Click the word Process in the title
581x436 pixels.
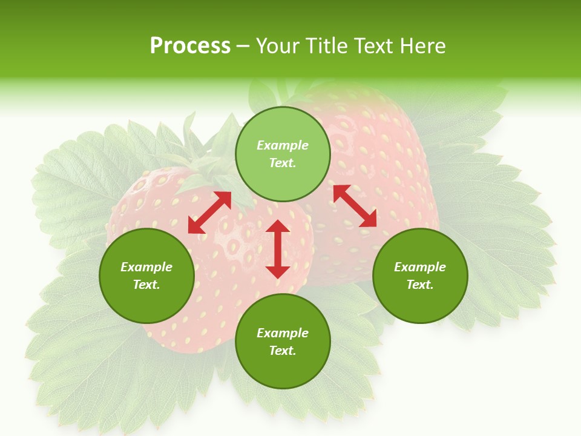pos(190,46)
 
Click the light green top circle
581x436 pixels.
pos(283,154)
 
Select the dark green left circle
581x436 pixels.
pos(146,276)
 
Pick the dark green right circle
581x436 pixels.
pos(420,276)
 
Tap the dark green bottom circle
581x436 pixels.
pos(283,342)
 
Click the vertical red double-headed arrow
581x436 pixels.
pos(278,249)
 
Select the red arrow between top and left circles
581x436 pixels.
pos(209,213)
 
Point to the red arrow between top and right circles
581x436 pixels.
pos(355,206)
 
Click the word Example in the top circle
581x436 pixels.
pos(283,145)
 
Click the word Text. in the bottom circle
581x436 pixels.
pos(283,351)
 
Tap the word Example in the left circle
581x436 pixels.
pos(146,267)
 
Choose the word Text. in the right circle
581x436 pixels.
pos(420,285)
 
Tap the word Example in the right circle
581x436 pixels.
pos(420,267)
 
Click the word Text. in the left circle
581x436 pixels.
pos(146,285)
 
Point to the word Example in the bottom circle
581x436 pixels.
pos(283,333)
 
